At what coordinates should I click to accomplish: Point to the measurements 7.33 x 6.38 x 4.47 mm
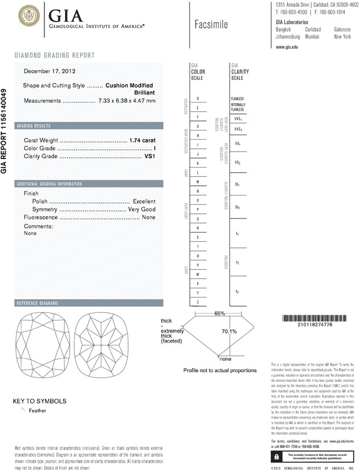click(x=126, y=100)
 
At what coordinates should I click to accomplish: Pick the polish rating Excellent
click(x=144, y=202)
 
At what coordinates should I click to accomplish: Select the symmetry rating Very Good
click(x=141, y=210)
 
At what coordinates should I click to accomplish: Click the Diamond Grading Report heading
click(x=54, y=55)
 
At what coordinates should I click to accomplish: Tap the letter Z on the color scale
click(x=197, y=302)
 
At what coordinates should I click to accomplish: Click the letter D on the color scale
click(x=197, y=99)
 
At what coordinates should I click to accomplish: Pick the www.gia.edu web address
click(x=287, y=47)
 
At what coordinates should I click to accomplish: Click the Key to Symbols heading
click(x=39, y=401)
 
